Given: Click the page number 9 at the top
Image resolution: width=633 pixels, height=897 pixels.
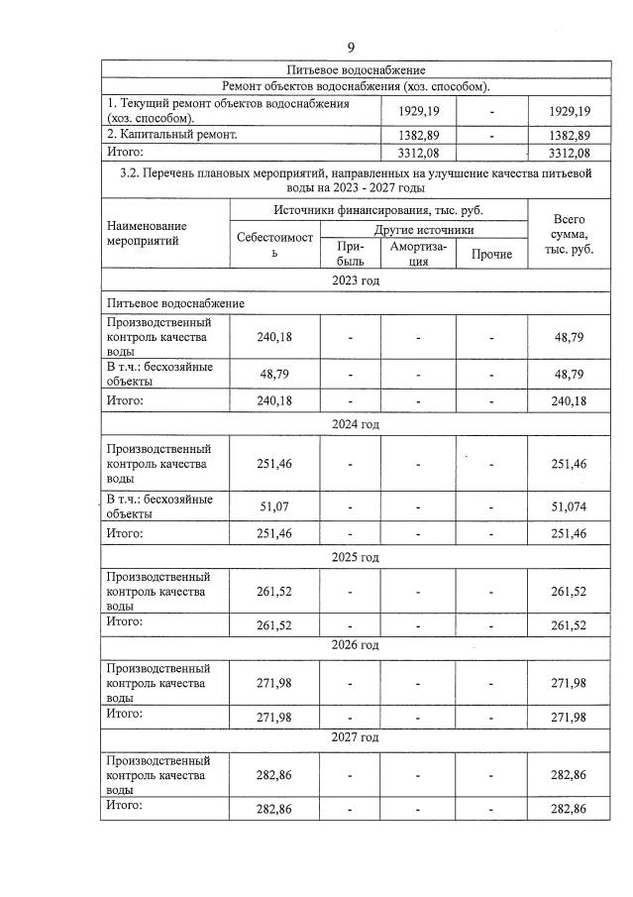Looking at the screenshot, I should tap(351, 47).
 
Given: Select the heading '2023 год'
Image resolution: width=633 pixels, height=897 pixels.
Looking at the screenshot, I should tap(355, 280).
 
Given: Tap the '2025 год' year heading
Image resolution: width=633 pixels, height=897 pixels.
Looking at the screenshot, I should tap(355, 557).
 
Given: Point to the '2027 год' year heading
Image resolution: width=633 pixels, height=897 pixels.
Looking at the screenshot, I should tap(355, 737).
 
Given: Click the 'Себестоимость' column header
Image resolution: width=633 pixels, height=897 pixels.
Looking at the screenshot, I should tap(275, 245).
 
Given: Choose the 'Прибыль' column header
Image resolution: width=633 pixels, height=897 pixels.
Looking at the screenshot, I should tap(351, 254).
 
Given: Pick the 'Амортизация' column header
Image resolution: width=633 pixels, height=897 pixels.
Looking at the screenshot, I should tap(418, 254).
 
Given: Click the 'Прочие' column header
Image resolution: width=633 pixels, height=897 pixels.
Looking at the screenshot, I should tap(491, 255).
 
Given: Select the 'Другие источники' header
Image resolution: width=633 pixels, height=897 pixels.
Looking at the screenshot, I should tap(424, 229).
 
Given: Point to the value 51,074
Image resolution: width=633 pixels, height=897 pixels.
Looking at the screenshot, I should tap(569, 506).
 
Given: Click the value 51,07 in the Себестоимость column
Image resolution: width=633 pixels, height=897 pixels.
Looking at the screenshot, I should tap(275, 506).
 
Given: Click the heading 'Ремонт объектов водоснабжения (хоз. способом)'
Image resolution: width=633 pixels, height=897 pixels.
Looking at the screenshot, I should tap(355, 86).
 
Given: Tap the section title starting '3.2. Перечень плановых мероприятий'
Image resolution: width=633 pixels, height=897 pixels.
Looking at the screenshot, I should tap(355, 178).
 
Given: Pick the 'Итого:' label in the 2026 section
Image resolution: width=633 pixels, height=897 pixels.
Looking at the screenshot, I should tap(125, 713).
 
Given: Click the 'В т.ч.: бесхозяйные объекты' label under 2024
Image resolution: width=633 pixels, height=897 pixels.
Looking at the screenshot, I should tap(159, 506).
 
